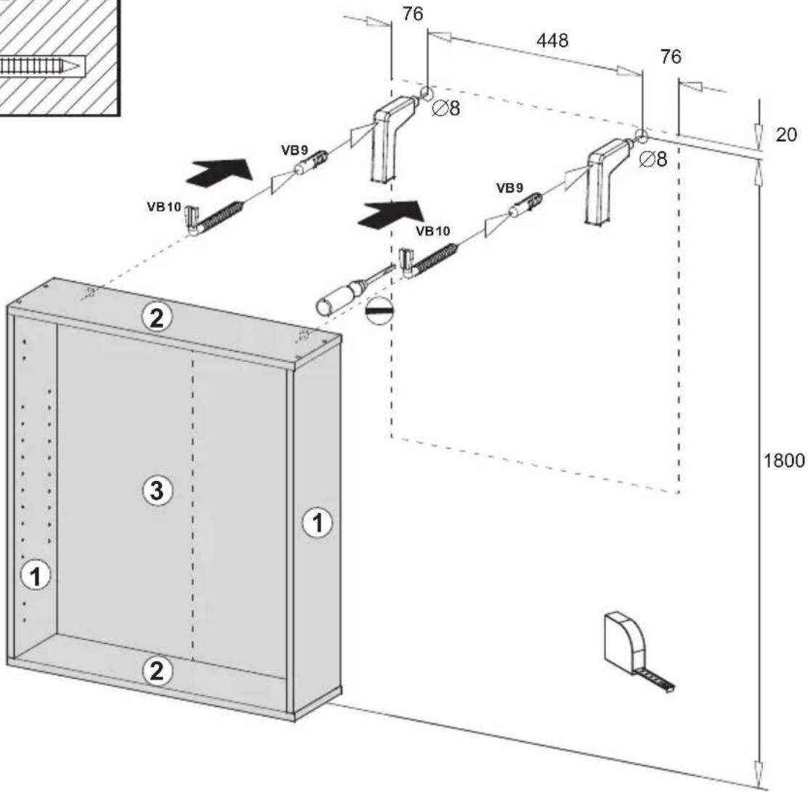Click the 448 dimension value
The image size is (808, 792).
[552, 41]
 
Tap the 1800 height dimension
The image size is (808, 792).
[783, 460]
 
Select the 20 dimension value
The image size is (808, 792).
[786, 134]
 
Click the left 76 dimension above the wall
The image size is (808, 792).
[413, 14]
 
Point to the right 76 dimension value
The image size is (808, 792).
[671, 56]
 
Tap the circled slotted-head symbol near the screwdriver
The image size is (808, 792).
[379, 311]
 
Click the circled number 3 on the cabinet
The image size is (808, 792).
[157, 490]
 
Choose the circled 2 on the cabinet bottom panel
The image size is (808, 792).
[157, 671]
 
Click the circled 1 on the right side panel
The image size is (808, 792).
[317, 523]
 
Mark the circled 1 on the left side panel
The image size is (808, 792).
[35, 575]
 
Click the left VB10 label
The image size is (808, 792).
[164, 206]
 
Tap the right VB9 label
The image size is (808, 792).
[509, 188]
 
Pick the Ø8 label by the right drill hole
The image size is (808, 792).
[653, 159]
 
